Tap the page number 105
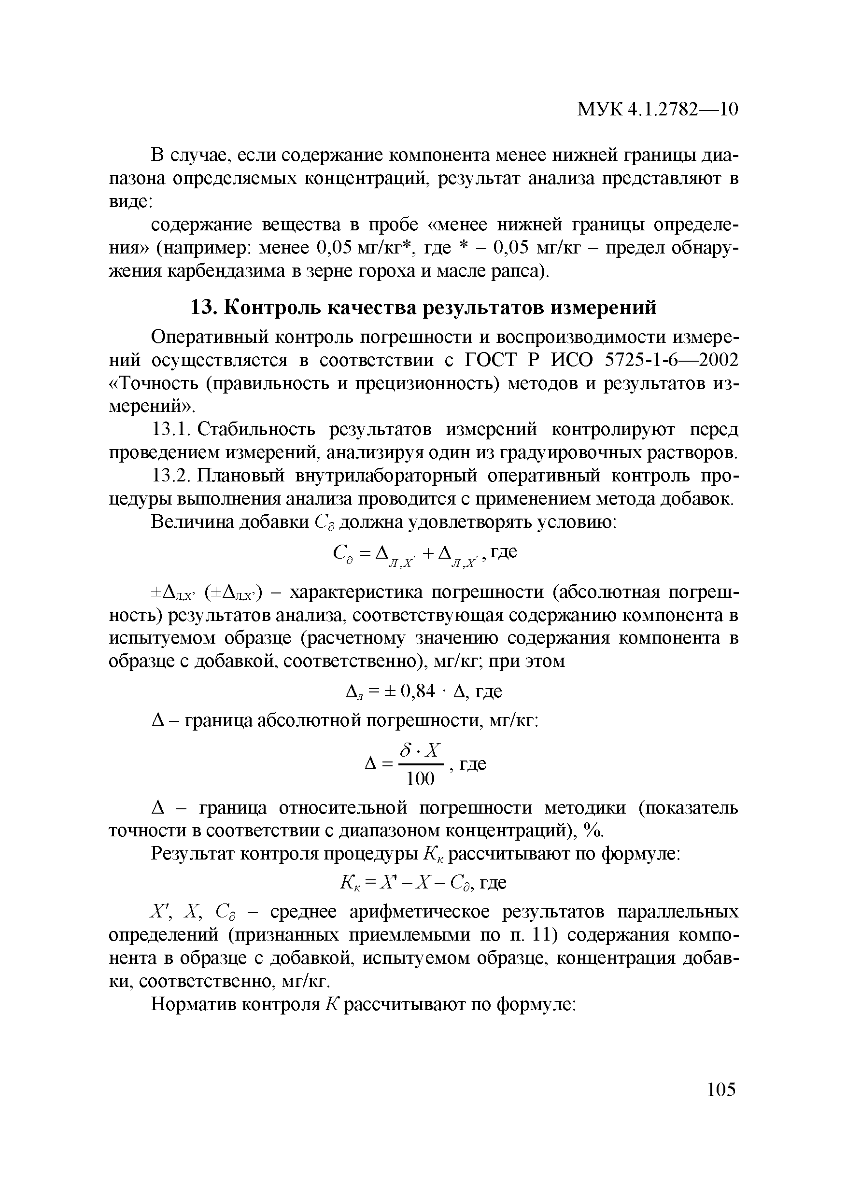coord(720,1089)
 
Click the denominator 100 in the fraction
coord(420,779)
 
